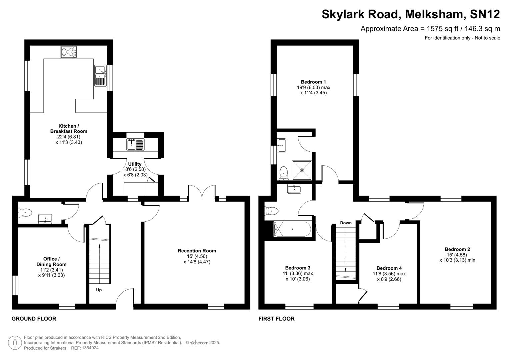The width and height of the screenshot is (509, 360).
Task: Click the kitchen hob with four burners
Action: click(69, 52)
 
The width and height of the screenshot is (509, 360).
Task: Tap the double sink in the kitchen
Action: click(100, 75)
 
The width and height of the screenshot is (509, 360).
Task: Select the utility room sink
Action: click(135, 145)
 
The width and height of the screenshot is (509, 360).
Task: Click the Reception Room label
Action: click(197, 251)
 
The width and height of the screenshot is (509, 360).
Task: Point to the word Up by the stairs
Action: click(99, 290)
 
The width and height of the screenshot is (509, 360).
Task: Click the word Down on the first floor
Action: click(346, 223)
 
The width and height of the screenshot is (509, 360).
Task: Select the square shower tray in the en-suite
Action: click(302, 170)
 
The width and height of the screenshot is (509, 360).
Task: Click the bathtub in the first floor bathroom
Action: click(292, 229)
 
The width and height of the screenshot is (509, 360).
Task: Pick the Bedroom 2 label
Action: click(457, 249)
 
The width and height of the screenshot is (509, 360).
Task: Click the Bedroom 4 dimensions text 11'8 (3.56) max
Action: click(389, 274)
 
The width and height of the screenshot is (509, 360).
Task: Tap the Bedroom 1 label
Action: click(313, 82)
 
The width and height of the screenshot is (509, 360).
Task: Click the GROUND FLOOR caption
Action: click(34, 319)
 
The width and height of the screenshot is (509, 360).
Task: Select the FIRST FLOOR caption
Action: click(276, 319)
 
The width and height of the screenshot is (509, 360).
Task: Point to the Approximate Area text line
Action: click(430, 29)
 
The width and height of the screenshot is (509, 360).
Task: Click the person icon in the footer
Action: click(15, 343)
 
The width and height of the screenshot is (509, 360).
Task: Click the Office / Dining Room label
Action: click(51, 262)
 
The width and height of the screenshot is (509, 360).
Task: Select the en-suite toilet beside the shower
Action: click(284, 172)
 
